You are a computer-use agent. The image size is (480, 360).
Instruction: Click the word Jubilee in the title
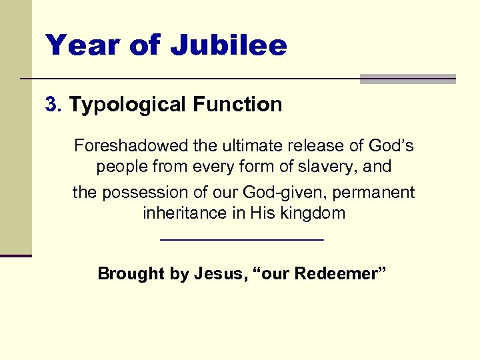tap(229, 45)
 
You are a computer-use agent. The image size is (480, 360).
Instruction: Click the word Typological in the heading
tap(128, 105)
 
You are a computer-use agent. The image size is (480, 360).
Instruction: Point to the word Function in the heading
tap(237, 105)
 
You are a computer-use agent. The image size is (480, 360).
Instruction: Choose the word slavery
tap(324, 166)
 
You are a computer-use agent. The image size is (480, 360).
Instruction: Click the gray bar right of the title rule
tap(407, 79)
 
